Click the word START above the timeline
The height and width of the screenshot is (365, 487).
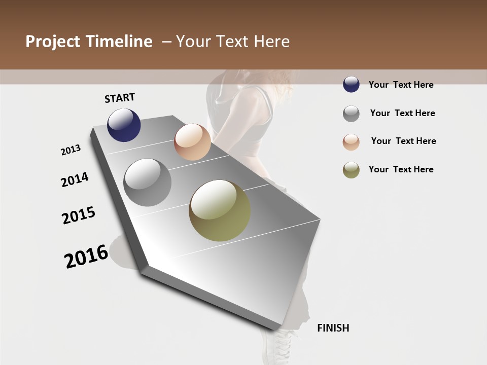coord(120,98)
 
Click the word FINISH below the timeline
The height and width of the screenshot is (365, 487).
coord(333,328)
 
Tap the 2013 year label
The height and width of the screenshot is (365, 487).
coord(71,150)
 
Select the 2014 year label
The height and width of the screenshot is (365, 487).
coord(75,179)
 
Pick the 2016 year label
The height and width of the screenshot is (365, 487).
coord(86,257)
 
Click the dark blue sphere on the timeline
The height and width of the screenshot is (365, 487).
coord(124,125)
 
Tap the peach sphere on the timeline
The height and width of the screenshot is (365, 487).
coord(192,142)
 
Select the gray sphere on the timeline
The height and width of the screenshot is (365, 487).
coord(148,182)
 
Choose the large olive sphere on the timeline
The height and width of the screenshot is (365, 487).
coord(220,210)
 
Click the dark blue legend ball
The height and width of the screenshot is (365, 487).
coord(351,84)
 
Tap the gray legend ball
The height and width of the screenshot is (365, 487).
coord(351,114)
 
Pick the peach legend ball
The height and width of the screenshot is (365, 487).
coord(351,142)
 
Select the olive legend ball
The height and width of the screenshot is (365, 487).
coord(351,170)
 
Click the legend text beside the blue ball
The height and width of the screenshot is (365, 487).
coord(401,85)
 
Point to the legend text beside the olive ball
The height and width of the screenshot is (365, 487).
coord(401,169)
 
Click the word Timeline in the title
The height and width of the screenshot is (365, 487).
coord(119,42)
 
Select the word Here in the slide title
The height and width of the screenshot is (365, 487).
coord(271,42)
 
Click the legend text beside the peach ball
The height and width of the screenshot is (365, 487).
coord(403,141)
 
